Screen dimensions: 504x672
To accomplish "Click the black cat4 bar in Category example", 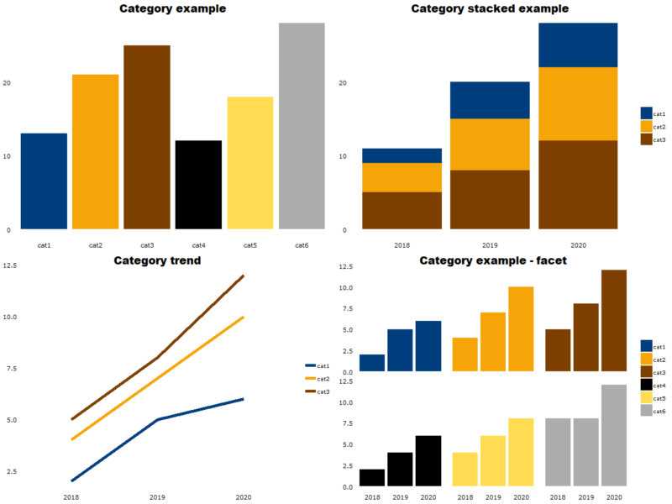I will (x=198, y=185).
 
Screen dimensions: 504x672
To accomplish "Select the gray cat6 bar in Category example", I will (x=302, y=126).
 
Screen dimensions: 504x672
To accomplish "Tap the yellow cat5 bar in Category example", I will (x=250, y=163).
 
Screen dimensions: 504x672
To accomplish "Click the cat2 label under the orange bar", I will (x=96, y=245).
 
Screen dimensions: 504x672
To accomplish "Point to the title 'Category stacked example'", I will (x=490, y=9).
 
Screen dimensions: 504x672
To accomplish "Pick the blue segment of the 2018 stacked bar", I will (x=402, y=155).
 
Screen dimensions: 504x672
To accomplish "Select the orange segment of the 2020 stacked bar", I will (x=578, y=103).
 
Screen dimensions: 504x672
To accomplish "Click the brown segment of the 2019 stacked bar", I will (x=490, y=199).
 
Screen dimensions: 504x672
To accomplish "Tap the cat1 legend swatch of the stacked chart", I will (x=646, y=113).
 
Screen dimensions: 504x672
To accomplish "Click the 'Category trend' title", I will (x=157, y=260).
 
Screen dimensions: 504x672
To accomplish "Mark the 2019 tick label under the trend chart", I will (x=157, y=496).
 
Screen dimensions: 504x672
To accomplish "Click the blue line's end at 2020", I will (x=244, y=399).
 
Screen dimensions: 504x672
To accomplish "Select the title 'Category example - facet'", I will (x=493, y=260).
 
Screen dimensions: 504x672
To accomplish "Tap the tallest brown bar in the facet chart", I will (x=613, y=320).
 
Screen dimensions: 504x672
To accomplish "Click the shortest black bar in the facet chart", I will (x=372, y=478).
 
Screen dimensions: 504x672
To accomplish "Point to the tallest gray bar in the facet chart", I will (x=613, y=435).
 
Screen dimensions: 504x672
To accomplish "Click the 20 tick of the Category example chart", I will (x=8, y=83).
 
